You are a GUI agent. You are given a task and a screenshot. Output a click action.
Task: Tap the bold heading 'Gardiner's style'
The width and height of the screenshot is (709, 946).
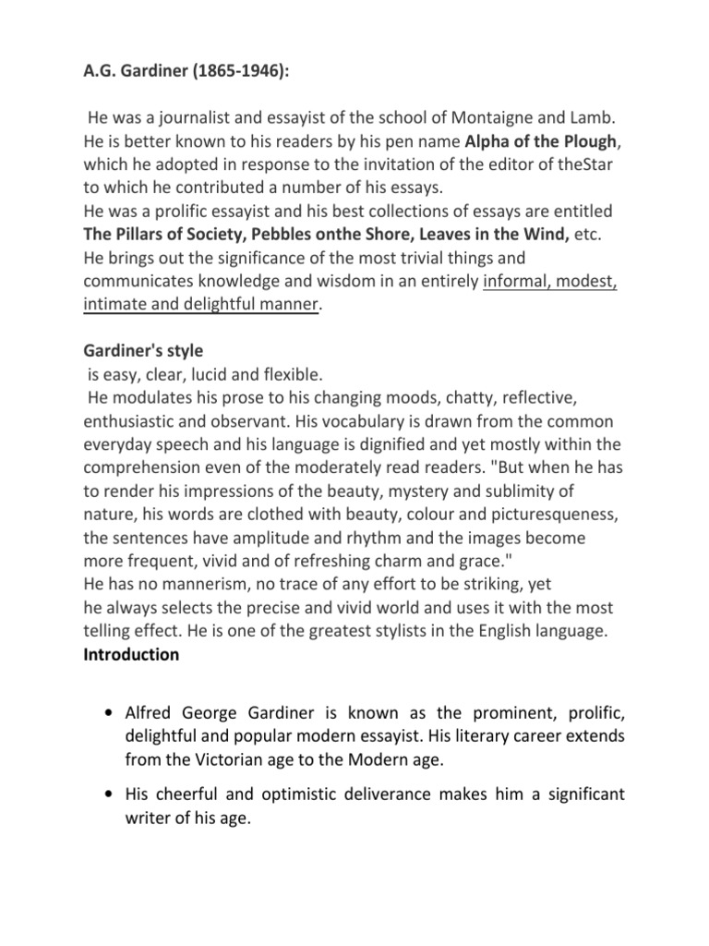click(x=143, y=353)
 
